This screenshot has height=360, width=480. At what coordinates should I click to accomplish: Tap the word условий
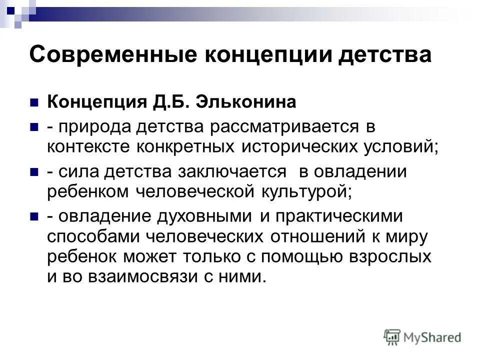point(401,147)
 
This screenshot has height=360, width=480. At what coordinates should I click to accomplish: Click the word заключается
point(231,172)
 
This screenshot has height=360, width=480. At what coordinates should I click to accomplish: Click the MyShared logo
point(422,336)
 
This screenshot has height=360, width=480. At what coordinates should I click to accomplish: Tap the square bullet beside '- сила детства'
point(34,172)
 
